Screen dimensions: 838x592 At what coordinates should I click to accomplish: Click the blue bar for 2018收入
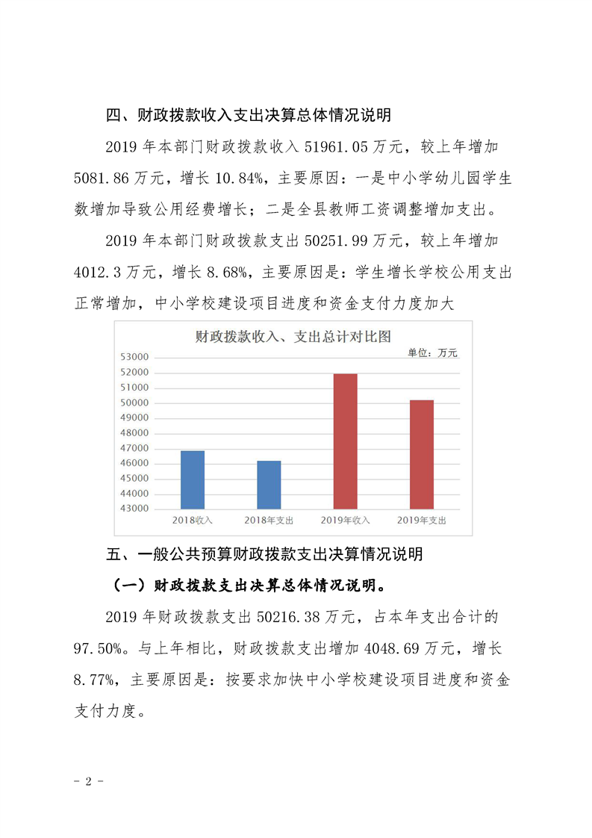[193, 479]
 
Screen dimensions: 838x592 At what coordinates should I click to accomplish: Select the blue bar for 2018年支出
[269, 485]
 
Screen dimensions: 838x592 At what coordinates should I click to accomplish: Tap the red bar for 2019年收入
[345, 441]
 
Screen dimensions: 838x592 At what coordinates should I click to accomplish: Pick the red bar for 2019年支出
[421, 454]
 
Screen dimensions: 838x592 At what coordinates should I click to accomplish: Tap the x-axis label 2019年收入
[345, 520]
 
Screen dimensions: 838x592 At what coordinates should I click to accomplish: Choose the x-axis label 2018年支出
[269, 520]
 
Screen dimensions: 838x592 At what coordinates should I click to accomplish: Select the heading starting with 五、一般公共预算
[265, 554]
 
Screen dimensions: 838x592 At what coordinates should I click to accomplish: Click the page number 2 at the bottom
[89, 782]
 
